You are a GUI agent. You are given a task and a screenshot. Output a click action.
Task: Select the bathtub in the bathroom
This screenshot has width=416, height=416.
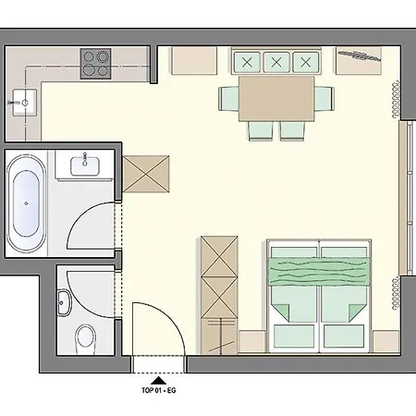[x=26, y=200]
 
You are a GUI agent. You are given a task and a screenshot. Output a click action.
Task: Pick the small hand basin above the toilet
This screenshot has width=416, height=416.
[x=65, y=301]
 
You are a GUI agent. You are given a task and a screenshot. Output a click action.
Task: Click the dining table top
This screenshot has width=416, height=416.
[x=276, y=98]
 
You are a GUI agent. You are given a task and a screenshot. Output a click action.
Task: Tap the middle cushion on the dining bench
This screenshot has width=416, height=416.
[x=276, y=62]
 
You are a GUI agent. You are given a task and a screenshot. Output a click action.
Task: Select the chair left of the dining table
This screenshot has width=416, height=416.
[x=229, y=96]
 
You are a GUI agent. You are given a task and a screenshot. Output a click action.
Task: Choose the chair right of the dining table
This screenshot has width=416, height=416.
[x=323, y=98]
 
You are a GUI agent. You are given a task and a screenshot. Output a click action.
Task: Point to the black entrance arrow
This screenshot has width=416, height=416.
[x=157, y=379]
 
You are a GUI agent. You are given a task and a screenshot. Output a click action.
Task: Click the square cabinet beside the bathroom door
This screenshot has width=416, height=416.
[x=148, y=173]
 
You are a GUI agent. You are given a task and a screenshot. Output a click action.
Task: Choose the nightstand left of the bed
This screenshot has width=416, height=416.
[x=253, y=338]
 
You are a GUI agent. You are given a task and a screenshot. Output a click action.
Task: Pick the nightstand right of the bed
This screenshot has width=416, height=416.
[x=383, y=338]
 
